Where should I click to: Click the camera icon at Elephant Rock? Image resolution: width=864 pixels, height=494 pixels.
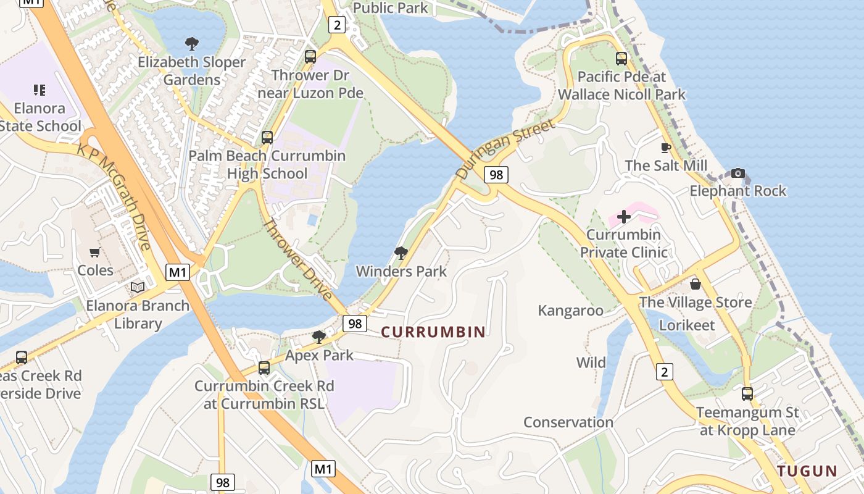pos(737,173)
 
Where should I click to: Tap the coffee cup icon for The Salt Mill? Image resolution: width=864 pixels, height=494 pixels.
pos(665,148)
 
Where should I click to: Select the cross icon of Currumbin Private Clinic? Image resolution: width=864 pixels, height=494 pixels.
pos(624,217)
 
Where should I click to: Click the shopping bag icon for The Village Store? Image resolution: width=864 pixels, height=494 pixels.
pos(695,284)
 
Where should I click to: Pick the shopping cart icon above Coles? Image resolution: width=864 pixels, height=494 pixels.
pos(94,252)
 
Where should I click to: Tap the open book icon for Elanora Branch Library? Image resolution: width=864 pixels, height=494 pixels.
pos(138,287)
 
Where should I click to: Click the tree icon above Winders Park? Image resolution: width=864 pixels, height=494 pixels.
pos(401,253)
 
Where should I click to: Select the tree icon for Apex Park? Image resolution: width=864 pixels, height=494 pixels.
pos(319,337)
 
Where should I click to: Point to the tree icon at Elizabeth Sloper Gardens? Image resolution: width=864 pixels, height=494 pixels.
pos(192,44)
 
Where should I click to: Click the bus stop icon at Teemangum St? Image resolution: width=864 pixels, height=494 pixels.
pos(747,393)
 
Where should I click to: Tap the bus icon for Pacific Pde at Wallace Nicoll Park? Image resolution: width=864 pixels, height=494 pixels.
pos(621,59)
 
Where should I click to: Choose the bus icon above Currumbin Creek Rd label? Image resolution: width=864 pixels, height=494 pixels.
pos(264,368)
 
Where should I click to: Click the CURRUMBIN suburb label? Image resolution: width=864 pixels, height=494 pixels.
pos(433,332)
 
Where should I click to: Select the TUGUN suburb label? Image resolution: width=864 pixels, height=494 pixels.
pos(807,471)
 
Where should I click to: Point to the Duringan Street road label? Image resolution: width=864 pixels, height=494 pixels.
pos(504,149)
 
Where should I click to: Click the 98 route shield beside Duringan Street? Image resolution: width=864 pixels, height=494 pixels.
pos(496,175)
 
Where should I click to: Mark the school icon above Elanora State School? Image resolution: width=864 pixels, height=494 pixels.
pos(39,90)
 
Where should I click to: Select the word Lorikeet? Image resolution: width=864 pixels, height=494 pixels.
pos(687,325)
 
